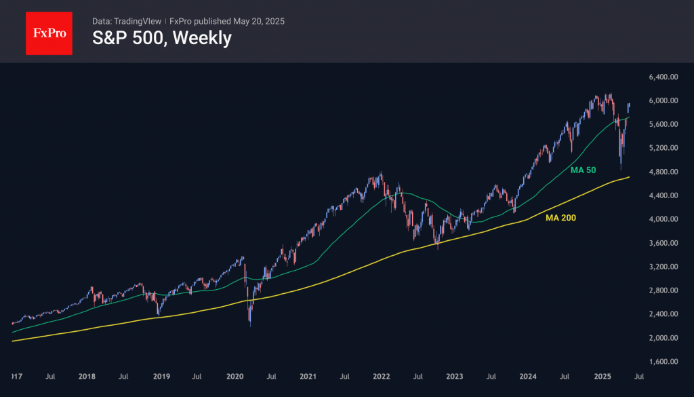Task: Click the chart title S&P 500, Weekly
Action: click(161, 38)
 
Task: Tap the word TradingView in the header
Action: click(138, 21)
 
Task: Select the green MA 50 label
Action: click(584, 170)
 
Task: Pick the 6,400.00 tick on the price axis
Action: click(663, 77)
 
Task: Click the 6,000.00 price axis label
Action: click(663, 101)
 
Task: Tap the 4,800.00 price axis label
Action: click(663, 172)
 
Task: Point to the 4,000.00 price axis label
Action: click(663, 219)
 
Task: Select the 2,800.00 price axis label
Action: click(663, 290)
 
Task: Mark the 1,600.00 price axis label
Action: click(663, 362)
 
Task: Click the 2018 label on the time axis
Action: click(86, 375)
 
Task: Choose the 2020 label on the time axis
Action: click(234, 375)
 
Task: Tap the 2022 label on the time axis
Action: click(382, 375)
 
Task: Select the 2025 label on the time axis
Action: click(603, 375)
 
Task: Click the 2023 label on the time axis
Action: click(455, 375)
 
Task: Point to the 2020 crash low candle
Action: click(249, 324)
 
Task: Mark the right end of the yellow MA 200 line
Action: click(630, 177)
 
